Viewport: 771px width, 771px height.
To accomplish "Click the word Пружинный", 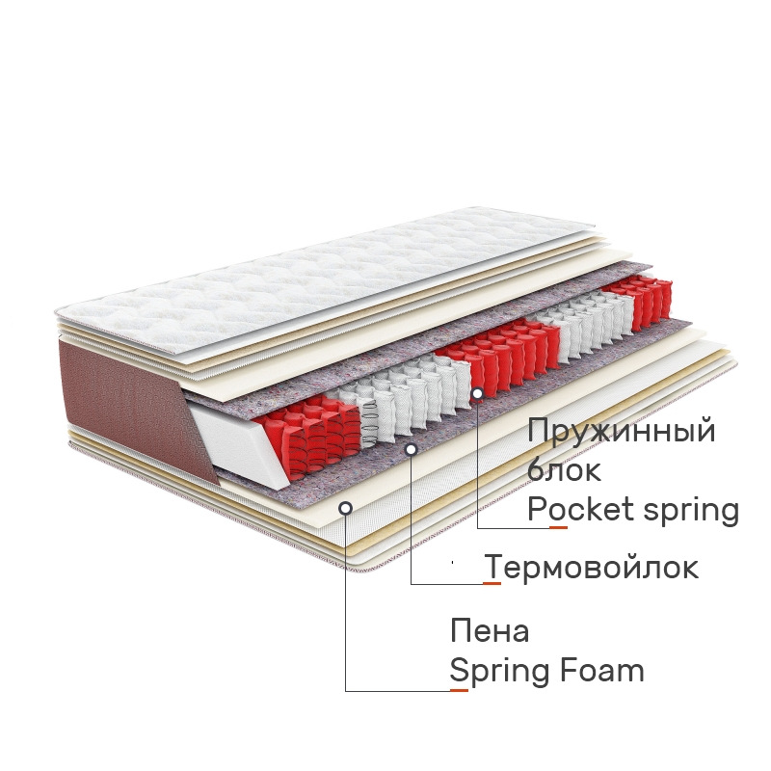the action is coord(621,431).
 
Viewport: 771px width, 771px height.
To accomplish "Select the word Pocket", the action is coord(580,509).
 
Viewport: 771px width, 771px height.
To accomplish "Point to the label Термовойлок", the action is coord(591,567).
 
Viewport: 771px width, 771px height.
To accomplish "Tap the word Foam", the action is coord(601,670).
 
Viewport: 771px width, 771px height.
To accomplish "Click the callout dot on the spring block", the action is coord(477,393).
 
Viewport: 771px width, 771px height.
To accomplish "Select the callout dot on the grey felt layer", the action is coord(412,449).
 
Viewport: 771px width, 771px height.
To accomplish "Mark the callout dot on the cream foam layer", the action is coord(346,508).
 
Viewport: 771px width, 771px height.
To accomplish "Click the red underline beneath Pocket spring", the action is coord(558,527).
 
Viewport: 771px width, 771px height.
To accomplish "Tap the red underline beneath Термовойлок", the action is coord(492,584).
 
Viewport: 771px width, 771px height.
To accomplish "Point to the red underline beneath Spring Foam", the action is coord(460,690).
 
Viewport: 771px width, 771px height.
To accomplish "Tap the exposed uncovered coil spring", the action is coord(370,422).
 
